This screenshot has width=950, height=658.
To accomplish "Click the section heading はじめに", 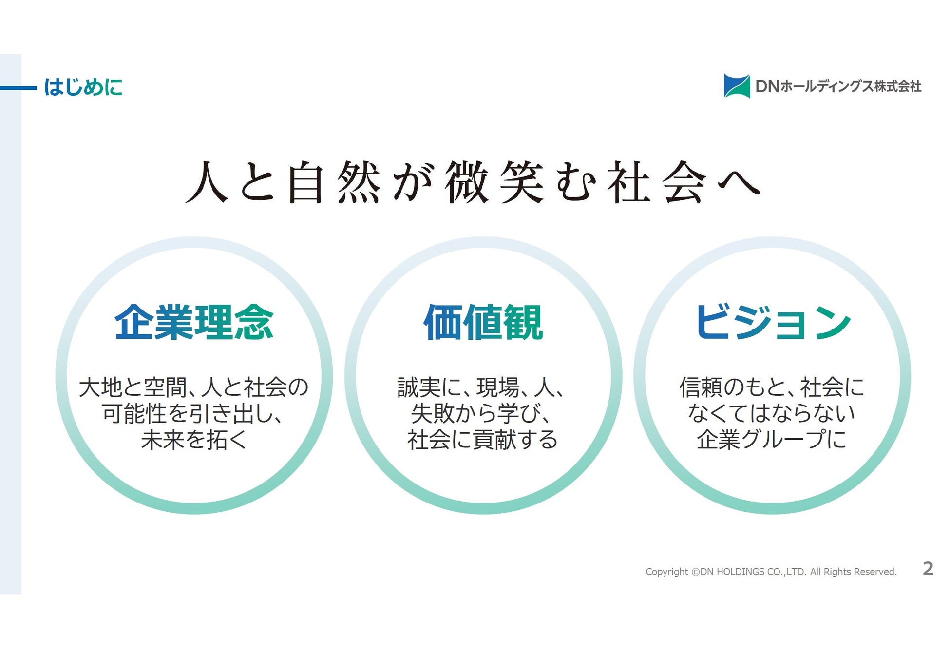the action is (x=83, y=87).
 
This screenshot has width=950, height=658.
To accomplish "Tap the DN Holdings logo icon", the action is (x=737, y=86).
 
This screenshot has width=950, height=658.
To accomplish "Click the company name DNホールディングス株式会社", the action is (x=838, y=86).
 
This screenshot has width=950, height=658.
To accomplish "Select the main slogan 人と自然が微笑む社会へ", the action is (x=473, y=182).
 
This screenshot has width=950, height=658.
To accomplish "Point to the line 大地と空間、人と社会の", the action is (x=193, y=387).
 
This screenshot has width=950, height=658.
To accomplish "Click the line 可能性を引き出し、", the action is (x=192, y=413).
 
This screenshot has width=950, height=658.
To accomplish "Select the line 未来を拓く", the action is (x=193, y=439).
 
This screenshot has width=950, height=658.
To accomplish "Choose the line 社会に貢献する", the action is (x=482, y=439).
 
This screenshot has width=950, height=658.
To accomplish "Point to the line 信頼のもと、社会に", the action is (x=772, y=387).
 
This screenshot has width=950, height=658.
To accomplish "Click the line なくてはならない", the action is (x=772, y=413).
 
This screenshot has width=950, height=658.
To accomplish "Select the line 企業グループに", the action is (x=772, y=439).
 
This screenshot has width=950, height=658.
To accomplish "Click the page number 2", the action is (x=928, y=569).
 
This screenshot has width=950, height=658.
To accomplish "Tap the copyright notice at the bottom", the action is (x=771, y=572).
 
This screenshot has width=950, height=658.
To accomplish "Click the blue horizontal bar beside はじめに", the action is (x=18, y=88).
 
